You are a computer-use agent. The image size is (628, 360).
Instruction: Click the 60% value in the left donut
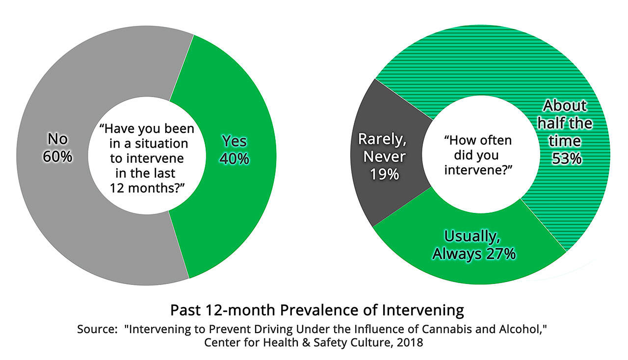click(57, 157)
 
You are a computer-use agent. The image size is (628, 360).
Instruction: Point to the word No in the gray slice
click(57, 139)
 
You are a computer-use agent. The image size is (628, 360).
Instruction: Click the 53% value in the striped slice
click(567, 158)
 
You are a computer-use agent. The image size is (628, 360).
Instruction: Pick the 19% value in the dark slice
click(385, 174)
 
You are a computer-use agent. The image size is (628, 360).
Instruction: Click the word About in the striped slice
click(565, 105)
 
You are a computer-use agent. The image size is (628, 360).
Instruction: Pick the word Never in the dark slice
click(385, 157)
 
